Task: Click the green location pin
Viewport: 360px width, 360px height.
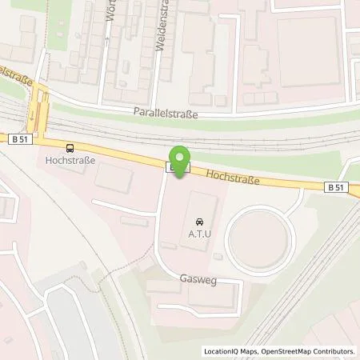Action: point(181,158)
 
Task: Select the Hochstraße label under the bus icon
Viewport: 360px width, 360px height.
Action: point(70,160)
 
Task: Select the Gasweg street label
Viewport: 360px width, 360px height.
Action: point(198,282)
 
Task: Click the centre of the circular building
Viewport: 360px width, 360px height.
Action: point(260,238)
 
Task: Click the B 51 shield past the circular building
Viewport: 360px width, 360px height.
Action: point(338,186)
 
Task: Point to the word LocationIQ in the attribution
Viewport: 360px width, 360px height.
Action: point(223,350)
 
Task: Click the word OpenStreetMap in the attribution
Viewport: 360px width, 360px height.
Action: point(289,350)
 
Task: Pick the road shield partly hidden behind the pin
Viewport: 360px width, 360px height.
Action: point(172,167)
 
